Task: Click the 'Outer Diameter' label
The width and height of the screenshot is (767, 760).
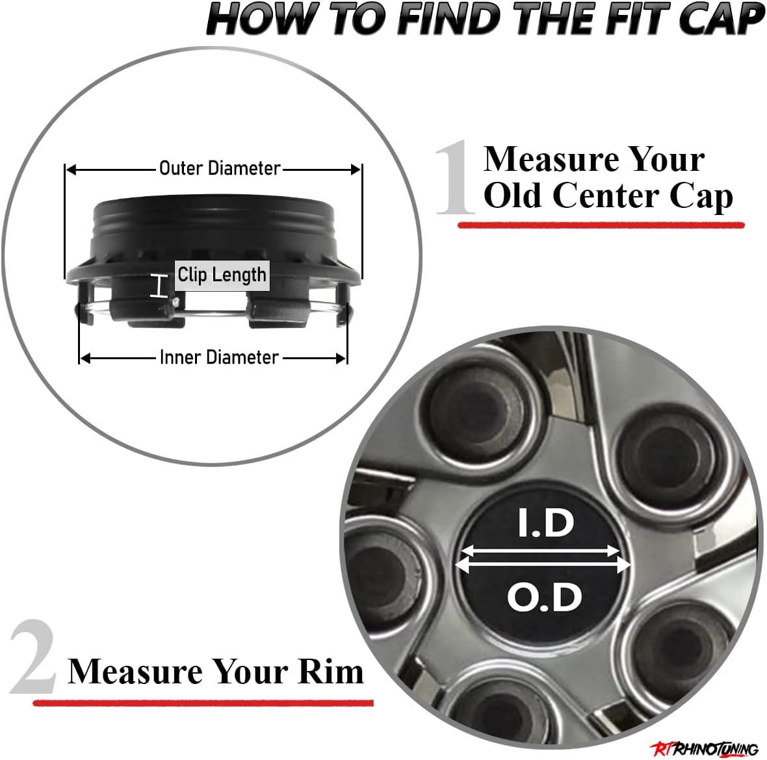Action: [220, 168]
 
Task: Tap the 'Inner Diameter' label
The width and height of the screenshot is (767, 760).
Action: [219, 357]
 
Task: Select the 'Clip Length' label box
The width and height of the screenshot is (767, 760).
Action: [222, 275]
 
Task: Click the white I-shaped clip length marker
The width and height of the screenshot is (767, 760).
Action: [159, 286]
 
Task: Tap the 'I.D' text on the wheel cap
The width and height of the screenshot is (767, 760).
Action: [546, 524]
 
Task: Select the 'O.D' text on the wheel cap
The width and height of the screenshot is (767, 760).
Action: [545, 597]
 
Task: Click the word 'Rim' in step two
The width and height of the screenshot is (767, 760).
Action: [330, 671]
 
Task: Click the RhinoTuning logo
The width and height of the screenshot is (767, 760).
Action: [705, 748]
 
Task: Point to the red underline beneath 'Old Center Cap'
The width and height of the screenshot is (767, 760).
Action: [601, 225]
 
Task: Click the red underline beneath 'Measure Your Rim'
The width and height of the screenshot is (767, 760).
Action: [203, 703]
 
